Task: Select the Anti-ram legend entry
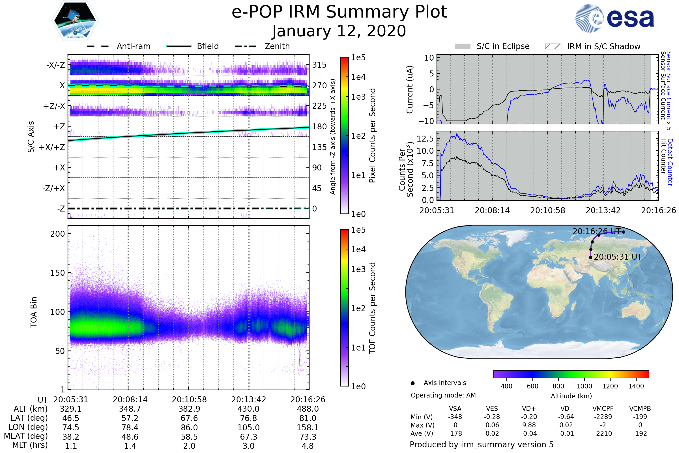[119, 46]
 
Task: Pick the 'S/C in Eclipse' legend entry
[492, 46]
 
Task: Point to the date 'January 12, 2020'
[339, 31]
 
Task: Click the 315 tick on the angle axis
[319, 65]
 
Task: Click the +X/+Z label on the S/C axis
[52, 147]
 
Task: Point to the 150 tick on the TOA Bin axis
[57, 273]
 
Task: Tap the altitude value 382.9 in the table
[189, 409]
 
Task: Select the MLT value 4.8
[308, 446]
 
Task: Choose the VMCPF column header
[603, 409]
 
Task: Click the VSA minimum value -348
[455, 417]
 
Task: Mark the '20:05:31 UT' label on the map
[618, 257]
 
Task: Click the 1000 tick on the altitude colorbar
[584, 386]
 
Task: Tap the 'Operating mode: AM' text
[443, 395]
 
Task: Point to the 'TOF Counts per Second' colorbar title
[372, 308]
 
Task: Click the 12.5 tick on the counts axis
[425, 139]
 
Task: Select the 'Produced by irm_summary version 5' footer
[482, 445]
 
